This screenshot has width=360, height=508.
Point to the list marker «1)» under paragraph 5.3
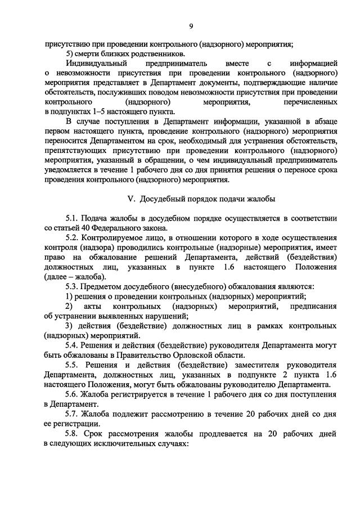[69, 297]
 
